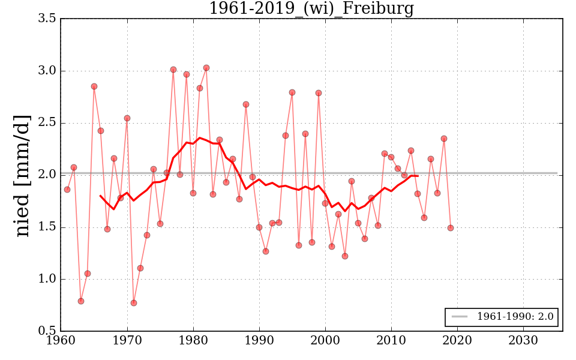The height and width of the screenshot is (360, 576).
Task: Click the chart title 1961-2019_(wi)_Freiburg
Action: [x=311, y=8]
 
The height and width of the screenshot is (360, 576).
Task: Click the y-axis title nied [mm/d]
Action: [x=22, y=175]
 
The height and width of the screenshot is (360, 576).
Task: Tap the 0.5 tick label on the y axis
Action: [x=48, y=331]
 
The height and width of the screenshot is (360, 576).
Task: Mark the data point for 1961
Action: [x=67, y=190]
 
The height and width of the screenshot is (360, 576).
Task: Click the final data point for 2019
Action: [x=451, y=228]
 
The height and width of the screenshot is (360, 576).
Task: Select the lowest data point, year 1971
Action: [x=134, y=303]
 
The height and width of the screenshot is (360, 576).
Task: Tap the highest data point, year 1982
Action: [x=206, y=68]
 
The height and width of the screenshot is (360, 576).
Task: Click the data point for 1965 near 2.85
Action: [x=94, y=86]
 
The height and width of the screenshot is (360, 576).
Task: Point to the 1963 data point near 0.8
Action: [x=81, y=301]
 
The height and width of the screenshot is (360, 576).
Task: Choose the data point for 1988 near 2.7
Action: [x=246, y=104]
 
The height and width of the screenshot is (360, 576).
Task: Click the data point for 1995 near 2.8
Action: [x=292, y=92]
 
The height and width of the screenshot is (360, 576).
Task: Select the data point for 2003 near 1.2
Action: [x=345, y=256]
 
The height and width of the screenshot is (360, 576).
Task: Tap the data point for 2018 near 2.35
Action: [x=444, y=139]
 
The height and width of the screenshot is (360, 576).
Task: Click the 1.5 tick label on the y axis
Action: [x=48, y=227]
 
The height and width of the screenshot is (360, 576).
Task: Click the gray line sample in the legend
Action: [x=459, y=317]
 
